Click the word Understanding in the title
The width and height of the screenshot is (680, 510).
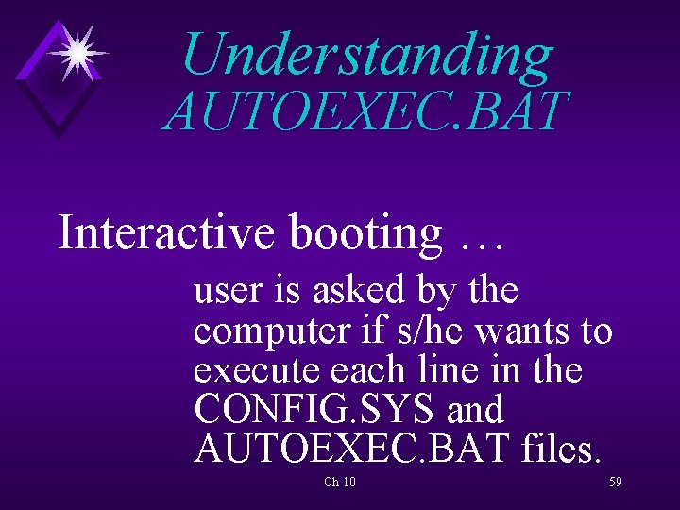click(366, 56)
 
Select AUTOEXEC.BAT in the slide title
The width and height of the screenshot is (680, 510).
click(366, 111)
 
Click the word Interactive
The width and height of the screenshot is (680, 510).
click(167, 232)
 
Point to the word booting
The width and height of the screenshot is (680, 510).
click(365, 232)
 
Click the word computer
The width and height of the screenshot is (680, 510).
click(270, 332)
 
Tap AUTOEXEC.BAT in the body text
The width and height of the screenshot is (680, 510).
click(350, 450)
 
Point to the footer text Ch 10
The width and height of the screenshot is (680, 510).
click(339, 483)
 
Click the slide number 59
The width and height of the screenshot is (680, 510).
click(615, 482)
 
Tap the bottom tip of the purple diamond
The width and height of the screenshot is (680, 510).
click(58, 137)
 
